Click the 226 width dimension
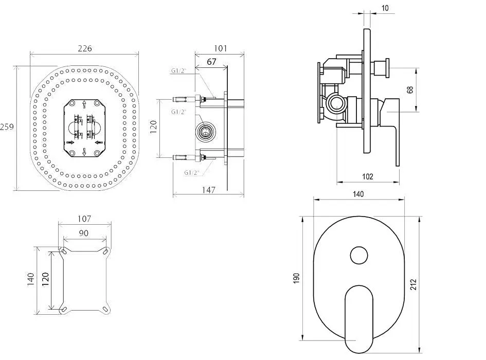(x=85, y=48)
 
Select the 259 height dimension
(x=7, y=127)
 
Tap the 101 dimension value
(x=221, y=48)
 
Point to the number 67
(x=211, y=62)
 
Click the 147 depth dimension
(x=209, y=190)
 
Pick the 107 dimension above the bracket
(x=84, y=219)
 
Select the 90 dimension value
(x=83, y=233)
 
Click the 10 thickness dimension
(x=385, y=8)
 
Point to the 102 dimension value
(x=368, y=176)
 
